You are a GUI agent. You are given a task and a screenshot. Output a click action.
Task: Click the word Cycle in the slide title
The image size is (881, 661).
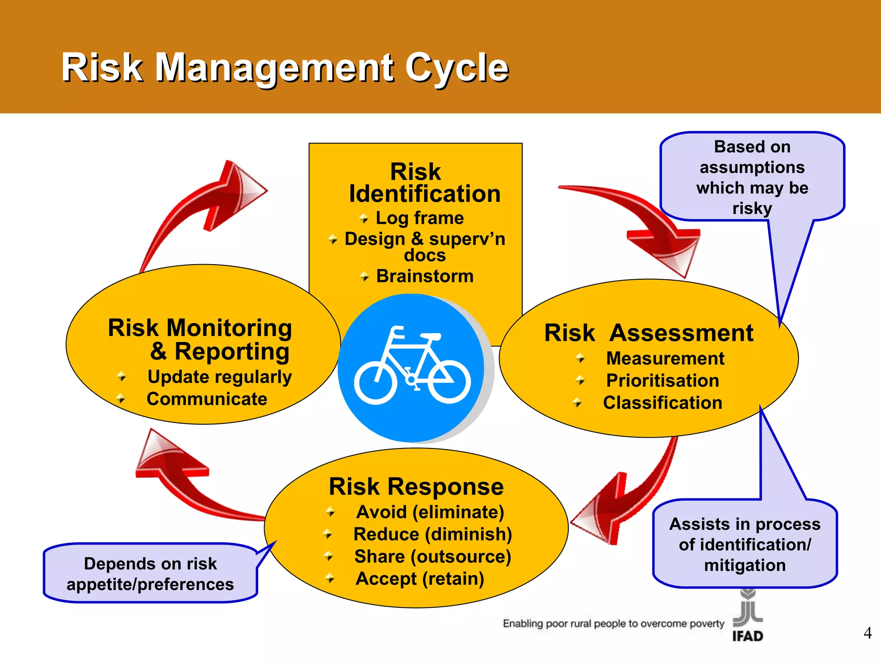point(457,68)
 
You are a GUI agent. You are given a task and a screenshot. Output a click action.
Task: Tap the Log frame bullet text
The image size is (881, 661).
point(419,218)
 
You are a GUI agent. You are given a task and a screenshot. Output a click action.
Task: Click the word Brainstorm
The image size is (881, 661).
point(425,276)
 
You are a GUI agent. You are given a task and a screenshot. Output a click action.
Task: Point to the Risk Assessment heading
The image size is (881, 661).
point(649,333)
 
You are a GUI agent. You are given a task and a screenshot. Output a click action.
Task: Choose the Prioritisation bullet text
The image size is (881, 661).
point(662,380)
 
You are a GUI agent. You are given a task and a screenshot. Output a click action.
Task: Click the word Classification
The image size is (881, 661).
point(662,403)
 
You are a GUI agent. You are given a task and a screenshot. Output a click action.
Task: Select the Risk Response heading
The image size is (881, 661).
point(416,486)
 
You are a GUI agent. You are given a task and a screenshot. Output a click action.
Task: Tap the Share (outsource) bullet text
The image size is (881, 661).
point(432,556)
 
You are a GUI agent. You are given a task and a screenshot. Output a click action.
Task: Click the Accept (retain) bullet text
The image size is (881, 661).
point(420,579)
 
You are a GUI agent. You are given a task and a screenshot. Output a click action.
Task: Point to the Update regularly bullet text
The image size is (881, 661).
point(219,377)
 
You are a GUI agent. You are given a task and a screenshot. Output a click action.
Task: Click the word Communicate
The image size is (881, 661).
point(207,399)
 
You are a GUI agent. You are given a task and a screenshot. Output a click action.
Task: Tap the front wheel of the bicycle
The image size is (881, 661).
point(375,382)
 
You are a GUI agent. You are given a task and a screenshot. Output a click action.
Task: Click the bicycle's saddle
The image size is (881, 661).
point(431,336)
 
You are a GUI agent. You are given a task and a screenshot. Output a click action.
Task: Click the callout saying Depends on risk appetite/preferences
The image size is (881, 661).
point(150,574)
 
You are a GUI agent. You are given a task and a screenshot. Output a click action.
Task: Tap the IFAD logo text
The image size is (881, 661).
point(748,636)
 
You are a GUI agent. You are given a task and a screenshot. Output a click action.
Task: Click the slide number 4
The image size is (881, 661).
point(867,633)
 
